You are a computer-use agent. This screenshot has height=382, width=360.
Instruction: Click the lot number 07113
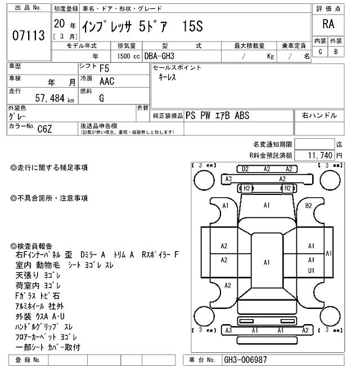(x=29, y=35)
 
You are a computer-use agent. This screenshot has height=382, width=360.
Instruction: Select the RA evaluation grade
(x=328, y=24)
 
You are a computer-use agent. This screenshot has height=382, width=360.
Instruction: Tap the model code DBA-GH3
(x=159, y=56)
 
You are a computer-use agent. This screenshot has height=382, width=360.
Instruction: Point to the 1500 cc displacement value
(x=128, y=56)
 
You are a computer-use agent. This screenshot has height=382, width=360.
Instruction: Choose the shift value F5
(x=104, y=69)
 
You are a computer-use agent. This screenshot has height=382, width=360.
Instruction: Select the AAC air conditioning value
(x=107, y=81)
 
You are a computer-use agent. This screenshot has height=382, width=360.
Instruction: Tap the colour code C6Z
(x=44, y=129)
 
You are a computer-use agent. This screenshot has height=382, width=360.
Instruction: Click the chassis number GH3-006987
(x=245, y=360)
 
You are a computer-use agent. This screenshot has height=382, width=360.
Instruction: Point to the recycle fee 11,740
(x=320, y=155)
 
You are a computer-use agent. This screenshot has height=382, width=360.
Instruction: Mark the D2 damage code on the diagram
(x=245, y=169)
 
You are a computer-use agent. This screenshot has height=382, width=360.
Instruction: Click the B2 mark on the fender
(x=308, y=206)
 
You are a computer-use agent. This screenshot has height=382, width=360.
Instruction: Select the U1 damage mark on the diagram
(x=311, y=270)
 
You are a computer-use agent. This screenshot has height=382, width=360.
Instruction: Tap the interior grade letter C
(x=320, y=52)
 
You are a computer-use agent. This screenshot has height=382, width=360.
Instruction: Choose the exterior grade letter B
(x=336, y=52)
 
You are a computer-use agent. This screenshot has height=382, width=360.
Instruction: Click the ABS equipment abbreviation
(x=242, y=116)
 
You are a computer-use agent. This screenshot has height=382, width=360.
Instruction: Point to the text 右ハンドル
(x=319, y=115)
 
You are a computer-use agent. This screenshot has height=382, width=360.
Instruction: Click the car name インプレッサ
(x=106, y=26)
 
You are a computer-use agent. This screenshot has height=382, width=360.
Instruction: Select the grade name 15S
(x=192, y=26)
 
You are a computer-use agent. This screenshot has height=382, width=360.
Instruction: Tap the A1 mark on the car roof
(x=267, y=262)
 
